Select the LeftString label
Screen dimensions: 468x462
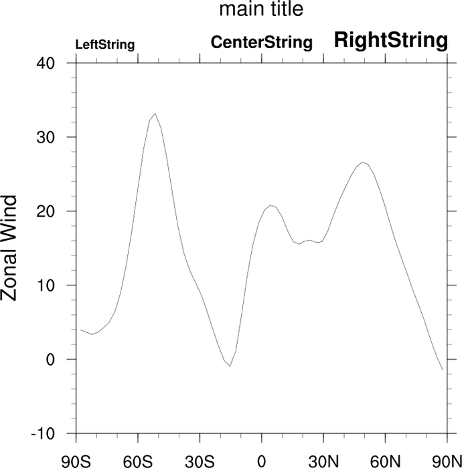point(105,45)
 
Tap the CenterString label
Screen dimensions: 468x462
point(262,43)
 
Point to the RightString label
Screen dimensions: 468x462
point(391,41)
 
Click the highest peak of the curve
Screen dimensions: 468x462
point(155,114)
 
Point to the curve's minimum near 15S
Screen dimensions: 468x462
point(230,366)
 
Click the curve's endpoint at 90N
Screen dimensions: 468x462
point(443,370)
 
